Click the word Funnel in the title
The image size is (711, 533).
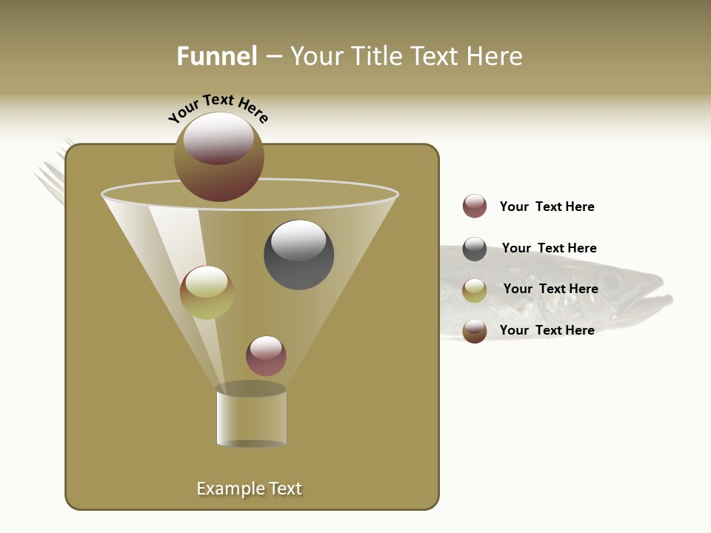(x=216, y=56)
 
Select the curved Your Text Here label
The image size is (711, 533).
(x=218, y=108)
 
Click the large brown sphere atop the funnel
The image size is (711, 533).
(x=219, y=157)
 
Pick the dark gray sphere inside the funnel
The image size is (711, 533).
(x=299, y=255)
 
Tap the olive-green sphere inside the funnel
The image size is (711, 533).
(x=207, y=292)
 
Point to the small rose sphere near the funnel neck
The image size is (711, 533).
(x=266, y=356)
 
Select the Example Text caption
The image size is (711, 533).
(x=250, y=489)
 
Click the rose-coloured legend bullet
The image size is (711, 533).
(x=475, y=207)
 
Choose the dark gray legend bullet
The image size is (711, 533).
(x=475, y=249)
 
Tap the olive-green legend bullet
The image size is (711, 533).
(x=475, y=290)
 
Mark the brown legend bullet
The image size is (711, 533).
(x=475, y=331)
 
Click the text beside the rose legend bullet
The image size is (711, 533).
(x=547, y=207)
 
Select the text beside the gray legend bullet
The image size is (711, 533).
(x=549, y=248)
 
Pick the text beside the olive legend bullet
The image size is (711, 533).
(x=550, y=289)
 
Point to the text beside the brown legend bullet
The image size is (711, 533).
(x=547, y=330)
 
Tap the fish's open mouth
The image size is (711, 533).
(x=655, y=300)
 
